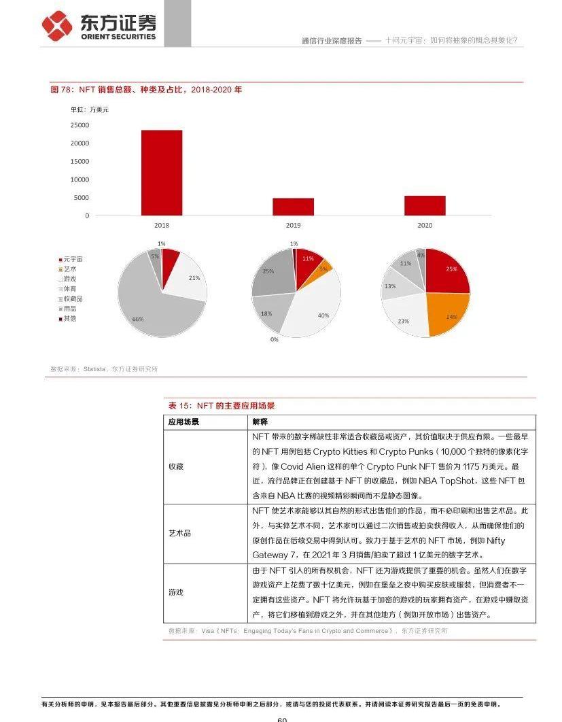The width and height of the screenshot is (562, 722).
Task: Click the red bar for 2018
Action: pyautogui.click(x=162, y=173)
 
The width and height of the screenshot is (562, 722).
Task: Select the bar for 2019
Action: pyautogui.click(x=293, y=207)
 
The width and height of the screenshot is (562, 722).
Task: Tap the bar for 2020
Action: pyautogui.click(x=425, y=205)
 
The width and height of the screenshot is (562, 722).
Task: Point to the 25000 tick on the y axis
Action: pyautogui.click(x=80, y=125)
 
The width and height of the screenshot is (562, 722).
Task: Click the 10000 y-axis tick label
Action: pyautogui.click(x=80, y=179)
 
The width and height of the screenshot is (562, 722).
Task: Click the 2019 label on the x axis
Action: pyautogui.click(x=293, y=225)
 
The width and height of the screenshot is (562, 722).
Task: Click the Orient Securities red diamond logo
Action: pyautogui.click(x=57, y=27)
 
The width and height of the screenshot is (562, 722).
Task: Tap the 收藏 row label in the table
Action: pyautogui.click(x=175, y=466)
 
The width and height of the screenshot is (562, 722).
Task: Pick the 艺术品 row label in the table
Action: pyautogui.click(x=179, y=533)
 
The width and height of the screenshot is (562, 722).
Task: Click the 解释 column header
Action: pyautogui.click(x=260, y=422)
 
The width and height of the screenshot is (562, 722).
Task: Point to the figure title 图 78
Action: pyautogui.click(x=146, y=89)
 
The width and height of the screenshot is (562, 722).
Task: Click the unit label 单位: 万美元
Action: pyautogui.click(x=89, y=109)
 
